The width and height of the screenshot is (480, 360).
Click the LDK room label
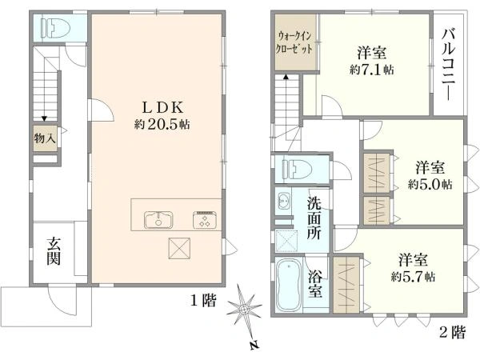click(163, 107)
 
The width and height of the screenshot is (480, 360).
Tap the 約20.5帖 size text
click(162, 125)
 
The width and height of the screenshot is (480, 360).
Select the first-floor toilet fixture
click(58, 28)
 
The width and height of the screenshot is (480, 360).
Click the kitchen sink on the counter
click(158, 219)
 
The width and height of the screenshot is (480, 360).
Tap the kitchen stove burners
click(205, 219)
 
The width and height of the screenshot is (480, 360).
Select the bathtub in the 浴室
click(288, 286)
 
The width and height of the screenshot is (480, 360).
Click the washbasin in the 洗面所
click(284, 201)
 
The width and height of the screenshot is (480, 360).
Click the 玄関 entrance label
click(54, 251)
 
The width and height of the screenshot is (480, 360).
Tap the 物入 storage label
click(45, 138)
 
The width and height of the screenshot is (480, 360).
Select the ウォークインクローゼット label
click(294, 42)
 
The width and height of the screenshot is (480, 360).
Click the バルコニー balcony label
click(449, 64)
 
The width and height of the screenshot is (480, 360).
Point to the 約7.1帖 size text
click(372, 70)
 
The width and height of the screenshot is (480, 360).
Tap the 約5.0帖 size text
click(430, 184)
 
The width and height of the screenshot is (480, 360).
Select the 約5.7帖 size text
click(413, 277)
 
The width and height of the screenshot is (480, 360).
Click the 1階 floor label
click(203, 300)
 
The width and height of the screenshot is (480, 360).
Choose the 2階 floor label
click(453, 332)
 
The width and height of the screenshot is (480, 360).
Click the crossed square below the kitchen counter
click(179, 248)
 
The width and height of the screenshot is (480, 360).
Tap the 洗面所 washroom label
click(314, 218)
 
